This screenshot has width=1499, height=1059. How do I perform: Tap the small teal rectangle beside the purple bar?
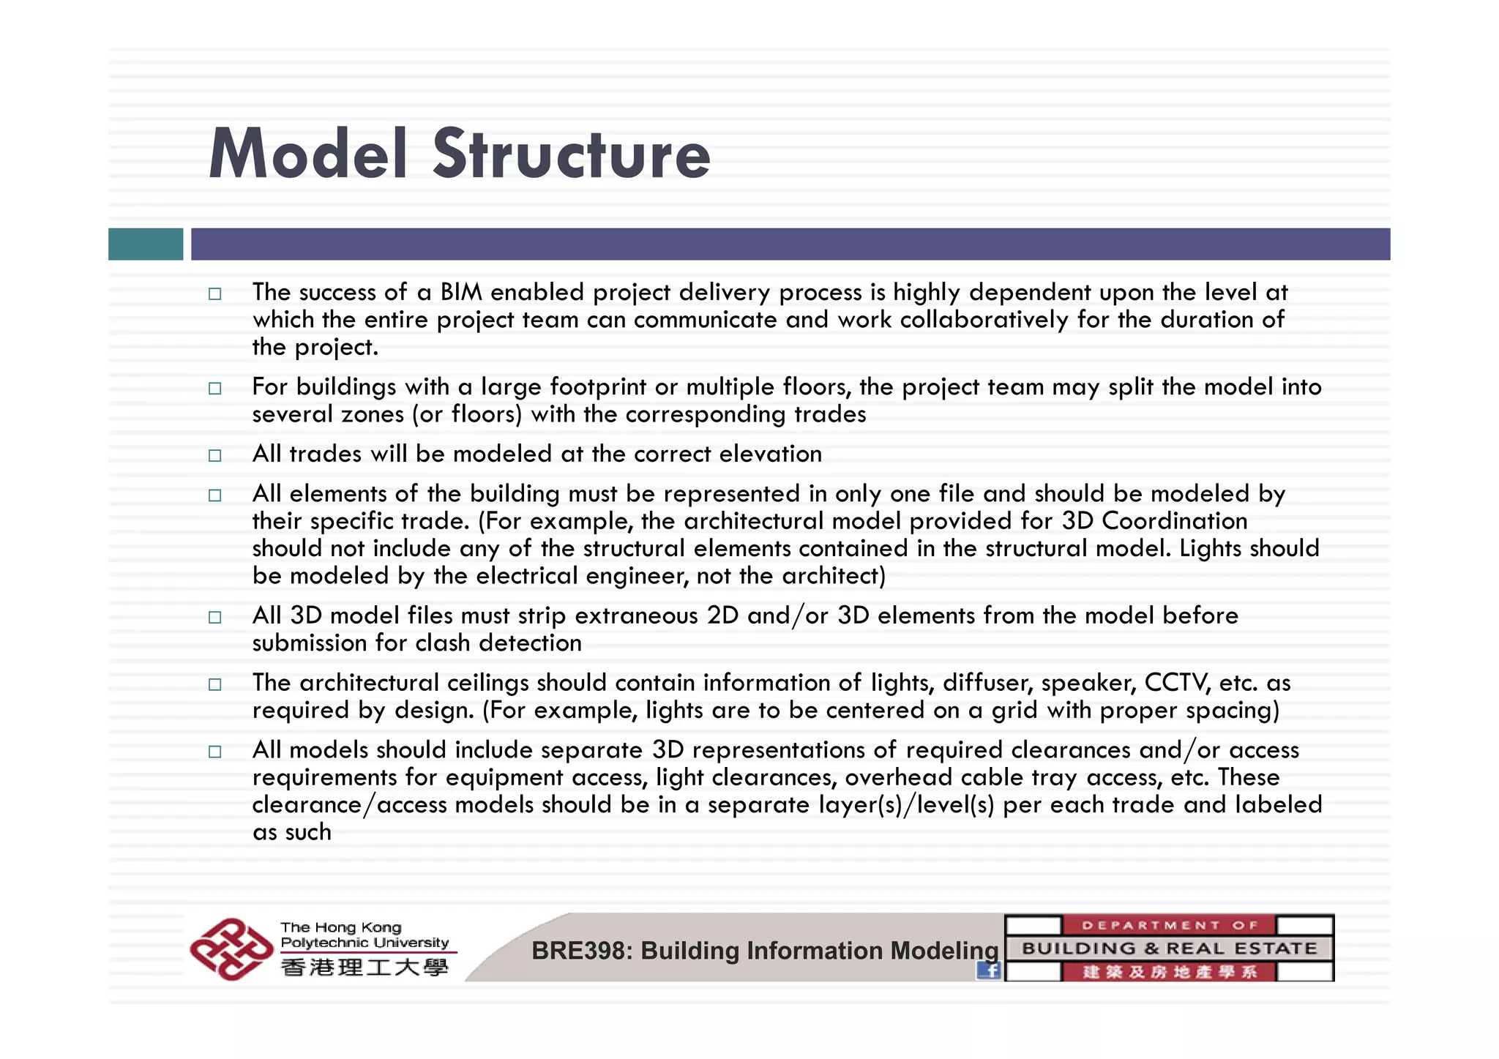pyautogui.click(x=146, y=244)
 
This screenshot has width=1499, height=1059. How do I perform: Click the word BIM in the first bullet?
pyautogui.click(x=460, y=292)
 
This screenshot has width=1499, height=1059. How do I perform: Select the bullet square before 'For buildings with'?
pyautogui.click(x=214, y=388)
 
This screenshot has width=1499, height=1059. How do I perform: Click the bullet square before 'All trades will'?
pyautogui.click(x=214, y=455)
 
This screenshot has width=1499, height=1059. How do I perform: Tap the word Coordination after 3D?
pyautogui.click(x=1174, y=521)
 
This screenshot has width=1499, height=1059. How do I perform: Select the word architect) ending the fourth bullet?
pyautogui.click(x=834, y=576)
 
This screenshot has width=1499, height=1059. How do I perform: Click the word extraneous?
pyautogui.click(x=636, y=615)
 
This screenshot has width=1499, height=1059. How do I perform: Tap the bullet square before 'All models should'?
pyautogui.click(x=214, y=752)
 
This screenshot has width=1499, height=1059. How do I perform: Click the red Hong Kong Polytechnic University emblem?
pyautogui.click(x=231, y=949)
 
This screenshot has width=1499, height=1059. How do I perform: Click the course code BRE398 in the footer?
pyautogui.click(x=582, y=951)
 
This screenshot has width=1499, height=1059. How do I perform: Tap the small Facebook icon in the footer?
pyautogui.click(x=989, y=970)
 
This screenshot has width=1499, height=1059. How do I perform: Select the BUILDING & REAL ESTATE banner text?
pyautogui.click(x=1169, y=948)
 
